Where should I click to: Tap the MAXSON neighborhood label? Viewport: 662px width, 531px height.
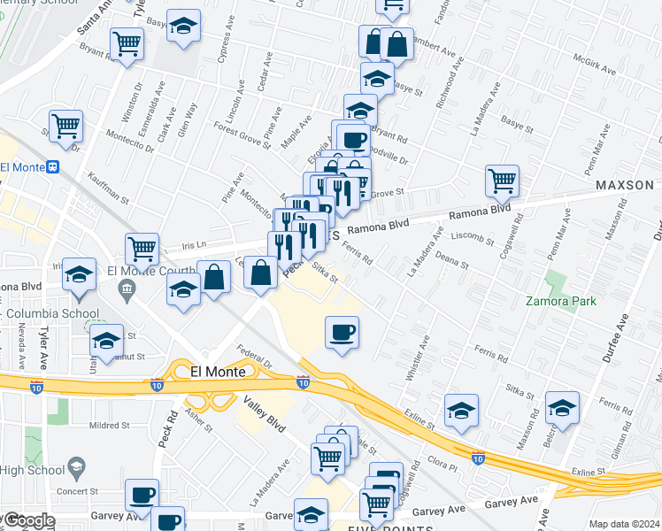coord(625,186)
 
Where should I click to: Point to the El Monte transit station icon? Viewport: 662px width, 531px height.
coord(53,165)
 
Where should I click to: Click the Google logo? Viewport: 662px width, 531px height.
coord(29,520)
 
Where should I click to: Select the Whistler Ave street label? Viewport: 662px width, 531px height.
coord(415,357)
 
